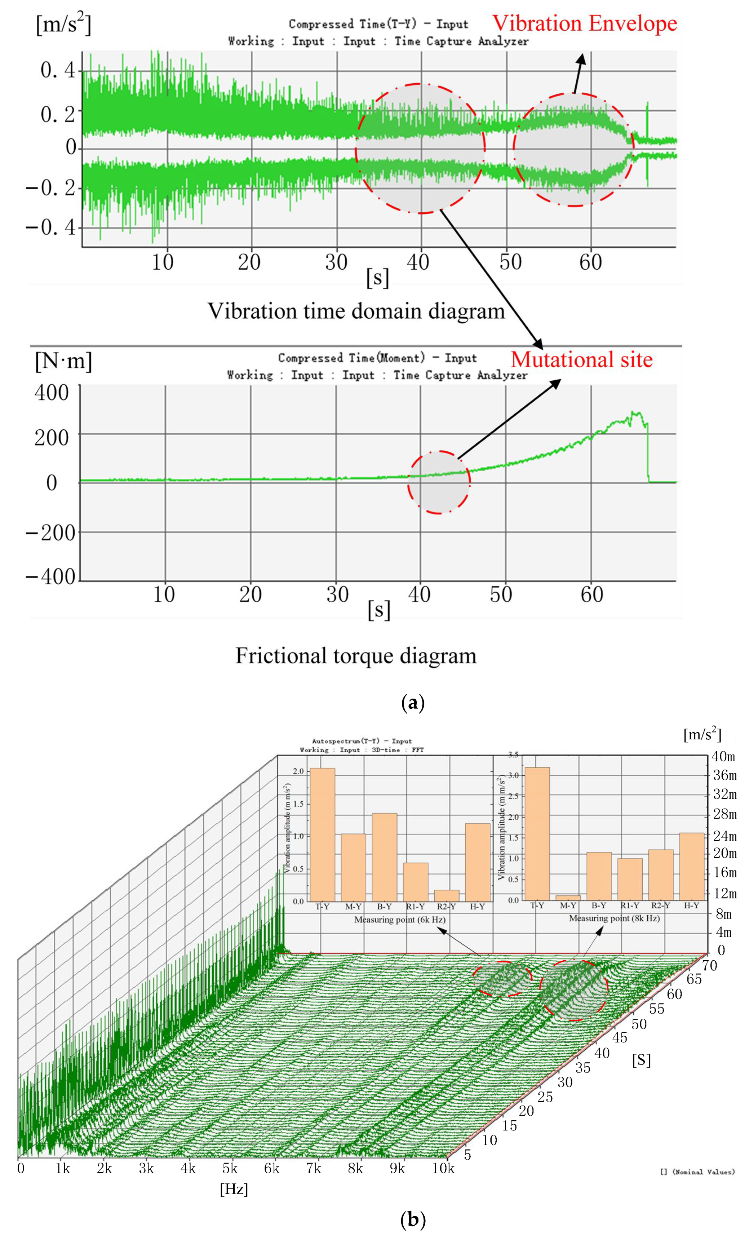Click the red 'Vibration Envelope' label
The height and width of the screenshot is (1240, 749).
tap(584, 24)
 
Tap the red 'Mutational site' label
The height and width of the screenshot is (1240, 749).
tap(581, 359)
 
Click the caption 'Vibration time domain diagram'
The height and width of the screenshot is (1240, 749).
tap(356, 311)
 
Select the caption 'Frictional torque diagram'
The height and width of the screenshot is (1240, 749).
tap(356, 656)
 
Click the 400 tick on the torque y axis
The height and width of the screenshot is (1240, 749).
tap(51, 392)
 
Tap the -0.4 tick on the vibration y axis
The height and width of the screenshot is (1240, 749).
tap(50, 227)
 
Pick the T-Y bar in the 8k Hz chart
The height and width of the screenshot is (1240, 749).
tap(537, 833)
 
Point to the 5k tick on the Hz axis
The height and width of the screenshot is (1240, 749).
tap(230, 1168)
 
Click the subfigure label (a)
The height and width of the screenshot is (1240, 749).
tap(413, 702)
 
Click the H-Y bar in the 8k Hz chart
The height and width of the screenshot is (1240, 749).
tap(692, 866)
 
